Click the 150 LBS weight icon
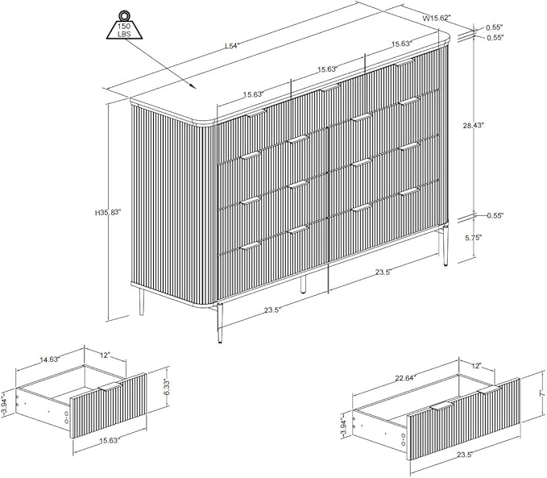[x=124, y=25]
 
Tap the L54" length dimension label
[x=231, y=46]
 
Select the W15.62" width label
[x=437, y=19]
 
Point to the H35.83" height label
[x=108, y=211]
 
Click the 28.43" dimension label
[x=474, y=126]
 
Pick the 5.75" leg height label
[x=474, y=238]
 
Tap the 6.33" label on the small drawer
[x=167, y=388]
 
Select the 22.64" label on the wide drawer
[x=404, y=378]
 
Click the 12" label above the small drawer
[x=106, y=355]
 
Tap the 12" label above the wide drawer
[x=477, y=366]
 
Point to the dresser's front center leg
[x=303, y=284]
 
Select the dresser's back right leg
[x=445, y=247]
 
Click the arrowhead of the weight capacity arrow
[x=193, y=86]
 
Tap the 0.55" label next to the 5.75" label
[x=495, y=216]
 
